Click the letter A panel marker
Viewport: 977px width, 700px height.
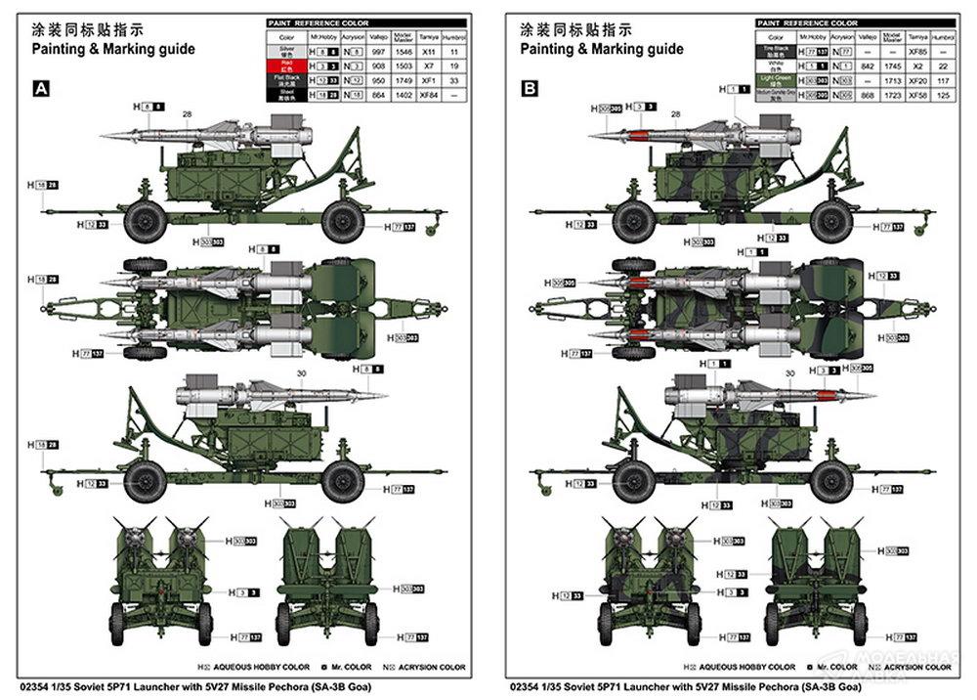pos(41,89)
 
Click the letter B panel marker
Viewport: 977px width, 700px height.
pos(530,89)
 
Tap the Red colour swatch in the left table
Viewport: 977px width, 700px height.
pos(287,64)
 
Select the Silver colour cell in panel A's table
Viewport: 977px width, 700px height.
pos(287,49)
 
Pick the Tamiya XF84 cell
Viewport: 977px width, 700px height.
pos(427,95)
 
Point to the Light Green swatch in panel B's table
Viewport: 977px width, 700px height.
pos(775,79)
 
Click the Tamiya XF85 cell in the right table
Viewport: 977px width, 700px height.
pos(916,49)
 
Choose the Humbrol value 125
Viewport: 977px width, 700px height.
pos(943,95)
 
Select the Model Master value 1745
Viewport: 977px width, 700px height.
pos(889,65)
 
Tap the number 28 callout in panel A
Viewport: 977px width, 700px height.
pos(187,114)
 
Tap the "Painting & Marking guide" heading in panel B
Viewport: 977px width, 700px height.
pos(601,48)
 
